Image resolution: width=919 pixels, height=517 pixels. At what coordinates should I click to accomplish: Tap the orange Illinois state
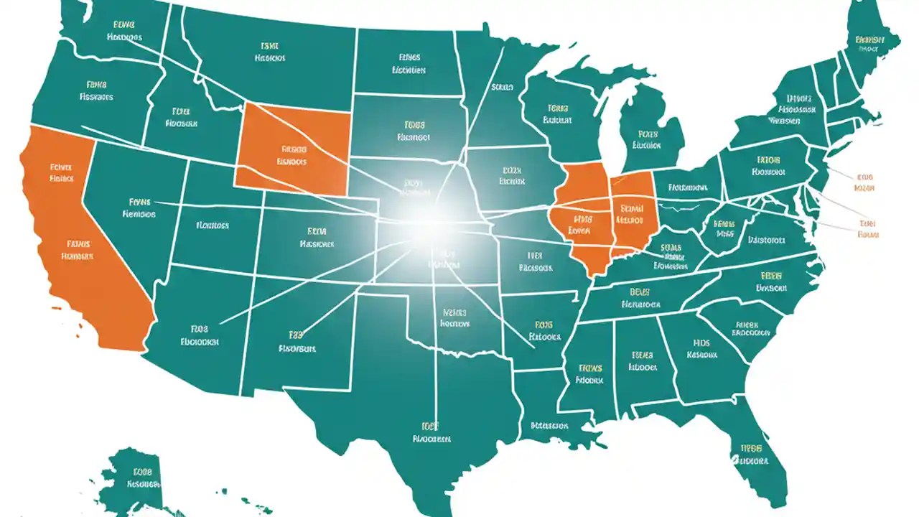tap(582, 223)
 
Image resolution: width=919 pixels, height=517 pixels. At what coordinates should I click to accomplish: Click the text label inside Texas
tap(431, 431)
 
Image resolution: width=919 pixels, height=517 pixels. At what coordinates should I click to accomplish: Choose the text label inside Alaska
tap(141, 478)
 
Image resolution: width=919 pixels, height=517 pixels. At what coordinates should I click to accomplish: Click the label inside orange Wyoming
tap(293, 156)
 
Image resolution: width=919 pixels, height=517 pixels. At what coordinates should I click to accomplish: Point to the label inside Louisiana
tap(550, 426)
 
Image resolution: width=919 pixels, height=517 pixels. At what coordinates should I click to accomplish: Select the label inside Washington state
tap(124, 30)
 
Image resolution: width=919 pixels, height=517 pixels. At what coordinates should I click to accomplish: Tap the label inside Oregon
tap(93, 89)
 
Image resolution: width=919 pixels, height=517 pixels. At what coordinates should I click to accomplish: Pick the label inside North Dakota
tap(409, 64)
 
